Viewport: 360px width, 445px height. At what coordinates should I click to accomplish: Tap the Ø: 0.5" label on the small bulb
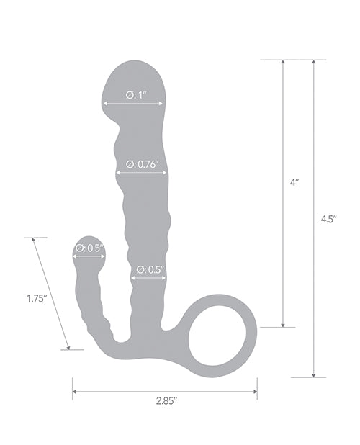[x=89, y=248]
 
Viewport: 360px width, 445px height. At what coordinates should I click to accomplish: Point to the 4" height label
[x=295, y=184]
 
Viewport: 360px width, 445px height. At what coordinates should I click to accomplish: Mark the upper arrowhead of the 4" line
[x=284, y=63]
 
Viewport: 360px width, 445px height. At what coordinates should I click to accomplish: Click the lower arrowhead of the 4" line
[x=284, y=324]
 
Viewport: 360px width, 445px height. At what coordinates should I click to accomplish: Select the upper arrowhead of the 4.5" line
[x=313, y=63]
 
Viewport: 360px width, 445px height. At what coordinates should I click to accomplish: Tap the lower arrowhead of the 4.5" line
[x=313, y=374]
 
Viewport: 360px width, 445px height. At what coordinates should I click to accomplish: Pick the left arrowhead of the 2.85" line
[x=75, y=392]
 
